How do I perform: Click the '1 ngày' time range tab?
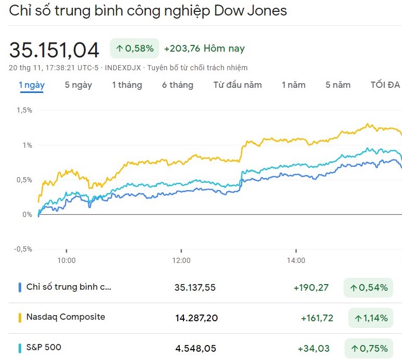coord(32,85)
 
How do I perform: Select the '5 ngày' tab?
coord(78,85)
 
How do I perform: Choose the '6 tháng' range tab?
coord(177,85)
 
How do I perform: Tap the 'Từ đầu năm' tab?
coord(237,85)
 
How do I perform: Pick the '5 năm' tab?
coord(338,85)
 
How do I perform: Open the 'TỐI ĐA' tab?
coord(385,85)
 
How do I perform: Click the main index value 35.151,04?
coord(54,50)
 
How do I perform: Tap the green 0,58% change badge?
coord(134,49)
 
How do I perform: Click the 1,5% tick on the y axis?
coord(24,110)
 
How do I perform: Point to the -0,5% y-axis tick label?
coord(23,249)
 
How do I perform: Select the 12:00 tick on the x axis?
coord(181,260)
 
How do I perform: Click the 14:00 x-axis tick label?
coord(296,260)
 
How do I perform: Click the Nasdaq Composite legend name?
coord(66,317)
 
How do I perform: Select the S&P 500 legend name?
coord(43,347)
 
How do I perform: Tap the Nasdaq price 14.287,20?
coord(196,318)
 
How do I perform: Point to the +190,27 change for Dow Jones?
coord(311,287)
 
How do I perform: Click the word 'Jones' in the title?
coord(268,10)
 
